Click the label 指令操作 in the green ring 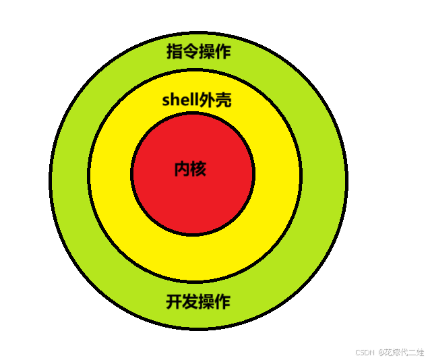198,51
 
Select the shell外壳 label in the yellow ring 197,100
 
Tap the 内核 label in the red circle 190,169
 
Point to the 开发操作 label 198,301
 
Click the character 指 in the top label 175,51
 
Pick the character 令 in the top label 191,51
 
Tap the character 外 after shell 208,100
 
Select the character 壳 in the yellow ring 224,100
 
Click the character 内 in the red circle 182,169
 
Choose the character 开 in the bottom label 175,301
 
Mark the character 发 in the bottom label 191,301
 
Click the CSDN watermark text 364,352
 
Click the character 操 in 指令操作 206,51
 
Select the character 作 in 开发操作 222,301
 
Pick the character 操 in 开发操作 206,301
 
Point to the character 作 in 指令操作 222,51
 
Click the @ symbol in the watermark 380,352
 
